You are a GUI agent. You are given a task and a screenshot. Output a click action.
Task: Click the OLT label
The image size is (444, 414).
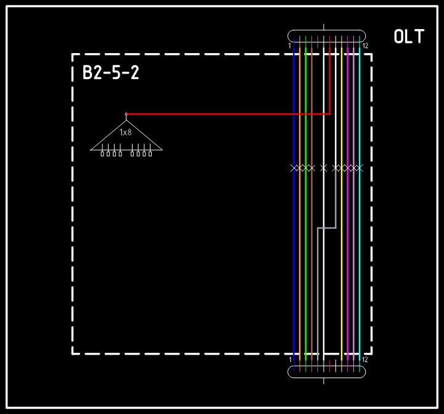coord(409,36)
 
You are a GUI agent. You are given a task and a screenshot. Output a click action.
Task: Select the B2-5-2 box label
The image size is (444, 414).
coord(111,72)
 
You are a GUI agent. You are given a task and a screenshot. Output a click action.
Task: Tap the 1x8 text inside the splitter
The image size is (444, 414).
coord(126,132)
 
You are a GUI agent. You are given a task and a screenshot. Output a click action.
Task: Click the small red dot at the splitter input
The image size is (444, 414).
coord(126,114)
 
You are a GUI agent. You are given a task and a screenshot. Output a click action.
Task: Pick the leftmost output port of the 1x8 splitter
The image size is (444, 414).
coord(102,154)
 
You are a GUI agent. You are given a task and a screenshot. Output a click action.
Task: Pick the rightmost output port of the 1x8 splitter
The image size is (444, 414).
coord(150,154)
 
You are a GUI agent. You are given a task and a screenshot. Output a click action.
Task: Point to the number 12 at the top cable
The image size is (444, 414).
coord(365,46)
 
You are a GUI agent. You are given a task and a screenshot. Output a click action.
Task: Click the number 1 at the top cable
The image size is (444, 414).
coord(290,46)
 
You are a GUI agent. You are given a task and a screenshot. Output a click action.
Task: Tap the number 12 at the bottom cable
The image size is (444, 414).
coord(365,360)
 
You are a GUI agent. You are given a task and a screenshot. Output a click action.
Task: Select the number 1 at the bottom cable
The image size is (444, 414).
coord(290,360)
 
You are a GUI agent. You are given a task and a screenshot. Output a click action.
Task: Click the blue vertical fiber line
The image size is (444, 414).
coord(294,204)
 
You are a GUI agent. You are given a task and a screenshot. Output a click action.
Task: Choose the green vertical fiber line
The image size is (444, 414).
coord(305,204)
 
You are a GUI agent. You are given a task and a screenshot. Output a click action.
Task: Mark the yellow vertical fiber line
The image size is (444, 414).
coord(342,204)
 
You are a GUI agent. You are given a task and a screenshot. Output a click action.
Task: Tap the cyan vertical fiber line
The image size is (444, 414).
coord(360,204)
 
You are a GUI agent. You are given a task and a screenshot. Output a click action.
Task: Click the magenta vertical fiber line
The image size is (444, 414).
coord(348,204)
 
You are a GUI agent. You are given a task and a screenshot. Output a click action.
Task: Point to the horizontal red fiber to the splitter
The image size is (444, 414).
coord(228,114)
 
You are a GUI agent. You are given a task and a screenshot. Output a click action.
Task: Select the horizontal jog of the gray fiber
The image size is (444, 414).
coord(327,227)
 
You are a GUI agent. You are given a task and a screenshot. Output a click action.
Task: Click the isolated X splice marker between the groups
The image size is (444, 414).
coord(324,168)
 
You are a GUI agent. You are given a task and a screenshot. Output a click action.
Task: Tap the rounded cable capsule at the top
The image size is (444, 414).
coord(326,36)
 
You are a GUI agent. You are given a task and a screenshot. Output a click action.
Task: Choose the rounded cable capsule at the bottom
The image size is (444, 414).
coord(326,372)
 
